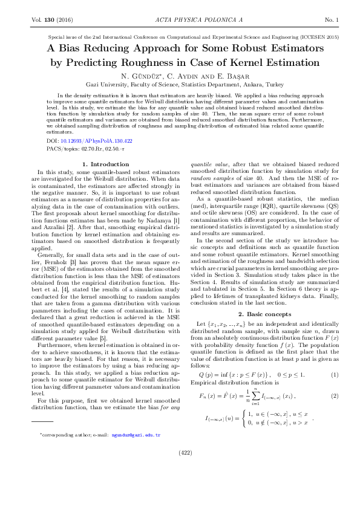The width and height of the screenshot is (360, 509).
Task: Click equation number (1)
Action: [334, 375]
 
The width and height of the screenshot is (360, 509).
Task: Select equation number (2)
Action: [334, 396]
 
